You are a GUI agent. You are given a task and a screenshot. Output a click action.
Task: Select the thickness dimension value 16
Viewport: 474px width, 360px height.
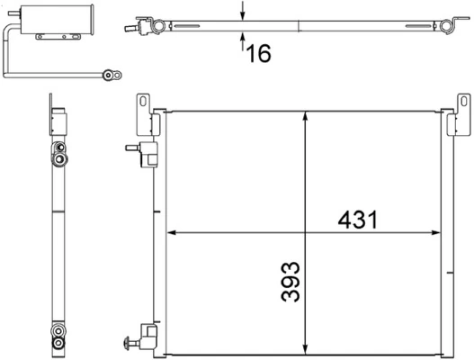tap(257, 53)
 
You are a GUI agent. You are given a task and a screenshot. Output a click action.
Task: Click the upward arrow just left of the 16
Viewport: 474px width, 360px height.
tap(243, 40)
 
